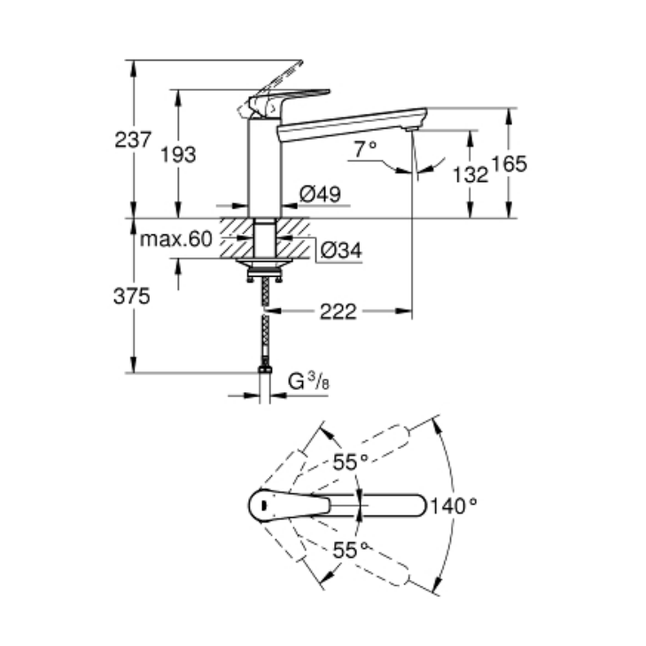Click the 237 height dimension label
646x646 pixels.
[x=132, y=140]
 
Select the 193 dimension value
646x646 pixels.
[x=178, y=155]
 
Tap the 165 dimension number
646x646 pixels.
[x=509, y=163]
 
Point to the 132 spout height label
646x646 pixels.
[x=470, y=174]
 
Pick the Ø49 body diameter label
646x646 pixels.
[x=320, y=194]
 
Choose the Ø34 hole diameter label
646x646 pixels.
[x=341, y=250]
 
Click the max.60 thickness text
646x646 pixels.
[x=176, y=239]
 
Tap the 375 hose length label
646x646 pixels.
[x=131, y=297]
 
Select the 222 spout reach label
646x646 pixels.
[x=339, y=312]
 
